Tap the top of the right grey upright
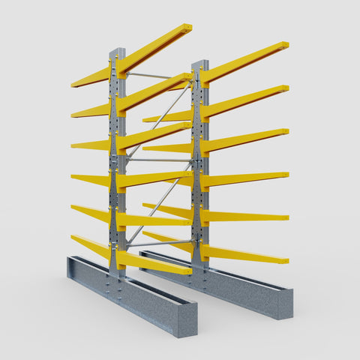pyautogui.click(x=199, y=64)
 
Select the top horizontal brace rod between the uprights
pyautogui.click(x=150, y=76)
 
